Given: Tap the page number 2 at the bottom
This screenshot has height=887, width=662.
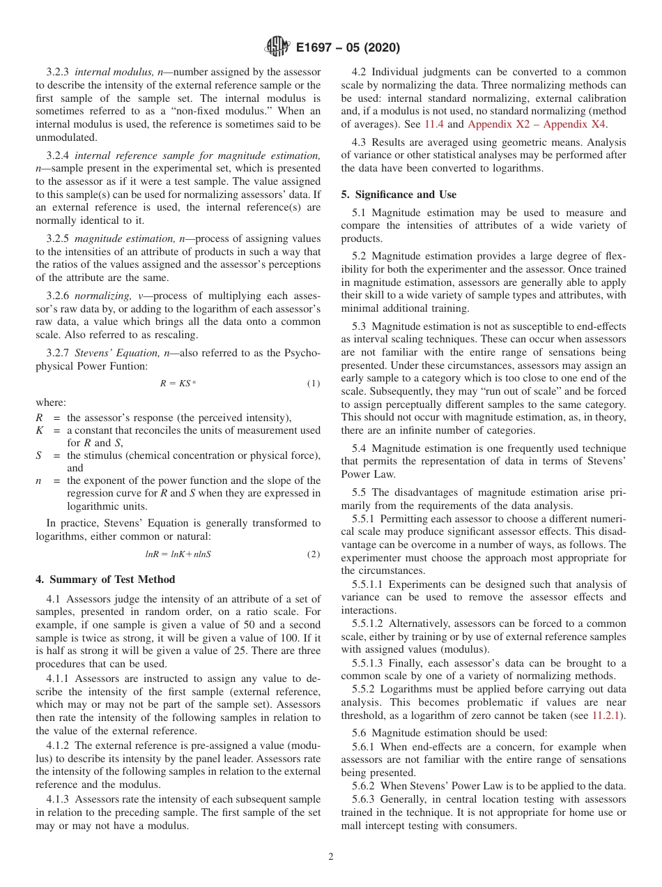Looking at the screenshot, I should pyautogui.click(x=331, y=856).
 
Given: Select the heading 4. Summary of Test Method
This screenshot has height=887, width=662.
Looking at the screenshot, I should pyautogui.click(x=105, y=579).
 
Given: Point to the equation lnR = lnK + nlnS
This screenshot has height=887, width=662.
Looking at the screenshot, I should pyautogui.click(x=178, y=554).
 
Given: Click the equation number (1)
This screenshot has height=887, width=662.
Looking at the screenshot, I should pyautogui.click(x=314, y=384).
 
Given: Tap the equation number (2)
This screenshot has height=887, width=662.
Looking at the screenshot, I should pyautogui.click(x=314, y=554).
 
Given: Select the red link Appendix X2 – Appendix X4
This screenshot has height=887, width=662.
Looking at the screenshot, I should pyautogui.click(x=537, y=124).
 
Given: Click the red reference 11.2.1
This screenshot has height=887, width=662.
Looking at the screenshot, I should pyautogui.click(x=608, y=715).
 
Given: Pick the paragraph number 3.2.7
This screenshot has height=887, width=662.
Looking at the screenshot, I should pyautogui.click(x=59, y=353).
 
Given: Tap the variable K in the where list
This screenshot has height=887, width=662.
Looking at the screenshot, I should pyautogui.click(x=39, y=430).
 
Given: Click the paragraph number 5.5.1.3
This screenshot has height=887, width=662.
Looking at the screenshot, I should pyautogui.click(x=369, y=662).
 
